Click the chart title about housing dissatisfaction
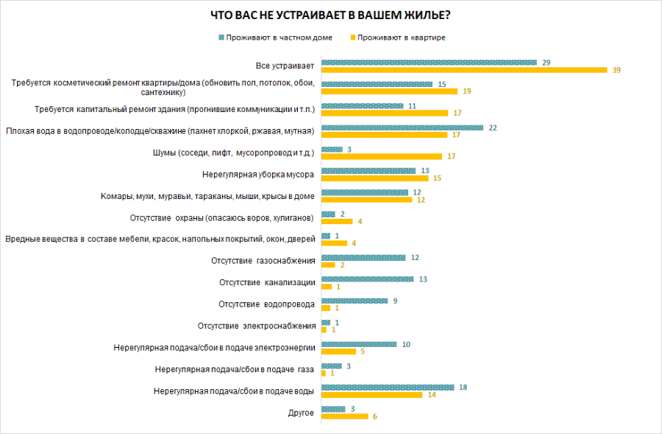pyautogui.click(x=331, y=15)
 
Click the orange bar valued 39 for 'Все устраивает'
pyautogui.click(x=464, y=70)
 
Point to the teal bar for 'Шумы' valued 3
pyautogui.click(x=332, y=150)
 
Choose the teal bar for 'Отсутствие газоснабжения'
pyautogui.click(x=363, y=258)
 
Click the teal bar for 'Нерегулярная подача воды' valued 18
pyautogui.click(x=388, y=387)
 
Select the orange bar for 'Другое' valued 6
pyautogui.click(x=344, y=416)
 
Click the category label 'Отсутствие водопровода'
pyautogui.click(x=267, y=304)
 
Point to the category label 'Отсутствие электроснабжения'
pyautogui.click(x=257, y=326)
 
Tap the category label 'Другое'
pyautogui.click(x=304, y=413)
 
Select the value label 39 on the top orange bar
pyautogui.click(x=616, y=70)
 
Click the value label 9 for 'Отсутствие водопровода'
pyautogui.click(x=394, y=301)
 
